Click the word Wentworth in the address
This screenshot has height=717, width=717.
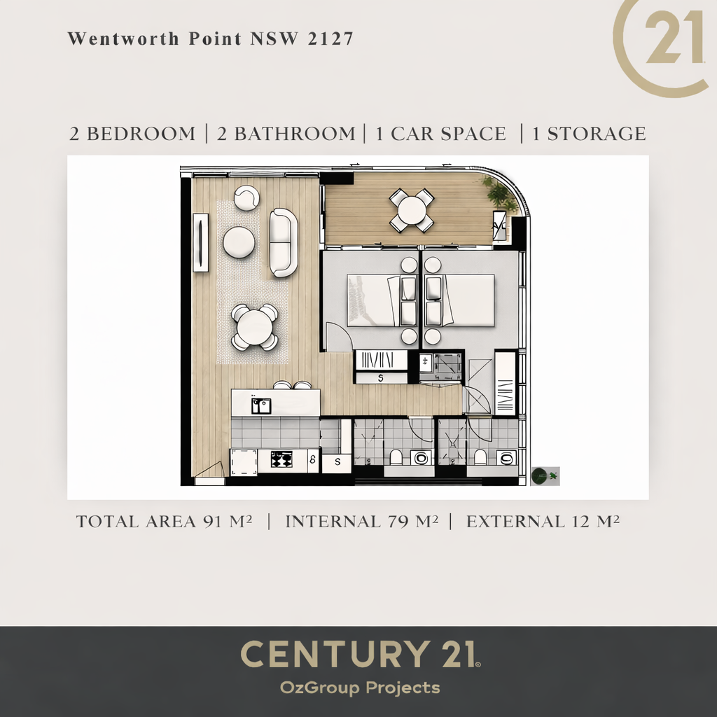click(123, 39)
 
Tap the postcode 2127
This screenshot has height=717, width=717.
click(330, 39)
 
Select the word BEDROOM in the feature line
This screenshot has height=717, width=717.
click(141, 134)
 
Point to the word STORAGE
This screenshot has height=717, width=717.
click(597, 134)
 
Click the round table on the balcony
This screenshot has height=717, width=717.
click(412, 210)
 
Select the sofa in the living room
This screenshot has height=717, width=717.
click(283, 243)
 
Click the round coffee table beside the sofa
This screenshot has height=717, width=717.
click(239, 242)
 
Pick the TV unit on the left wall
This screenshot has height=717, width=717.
click(200, 243)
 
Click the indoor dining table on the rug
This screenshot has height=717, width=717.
click(255, 328)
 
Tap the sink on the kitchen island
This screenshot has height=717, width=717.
click(260, 405)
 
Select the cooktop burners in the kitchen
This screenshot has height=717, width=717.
click(281, 459)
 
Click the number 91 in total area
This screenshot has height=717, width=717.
click(214, 522)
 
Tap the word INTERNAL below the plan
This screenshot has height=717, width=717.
click(333, 522)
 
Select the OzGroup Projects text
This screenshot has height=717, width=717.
click(360, 688)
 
